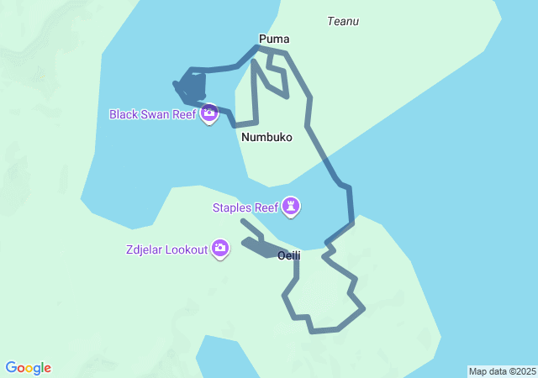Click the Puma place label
pos(274,39)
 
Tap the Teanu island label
pos(343,21)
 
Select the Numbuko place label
pos(266,137)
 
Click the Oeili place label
pos(289,255)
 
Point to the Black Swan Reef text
pos(153,113)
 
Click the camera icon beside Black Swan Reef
pos(209,113)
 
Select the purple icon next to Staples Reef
pos(292,206)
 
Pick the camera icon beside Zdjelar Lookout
pos(220,249)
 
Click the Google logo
pos(29,368)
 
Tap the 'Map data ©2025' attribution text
pos(502,371)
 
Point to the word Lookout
pos(186,249)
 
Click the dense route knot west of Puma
pos(191,87)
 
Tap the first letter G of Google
pos(11,368)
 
